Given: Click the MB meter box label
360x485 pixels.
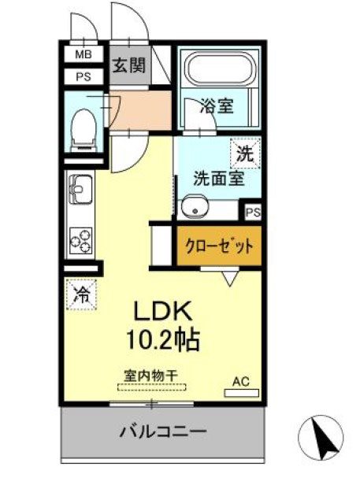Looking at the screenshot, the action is click(84, 55).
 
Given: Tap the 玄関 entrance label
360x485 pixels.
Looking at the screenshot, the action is click(128, 65).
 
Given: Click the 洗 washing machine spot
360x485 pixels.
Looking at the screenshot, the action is click(245, 154).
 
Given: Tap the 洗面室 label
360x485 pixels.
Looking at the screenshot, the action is click(219, 178).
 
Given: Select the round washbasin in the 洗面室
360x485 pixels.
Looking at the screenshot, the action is click(195, 207).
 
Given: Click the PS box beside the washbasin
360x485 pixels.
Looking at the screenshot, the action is click(253, 213).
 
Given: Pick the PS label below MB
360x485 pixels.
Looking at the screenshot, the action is click(84, 76).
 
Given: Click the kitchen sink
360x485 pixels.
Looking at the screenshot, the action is click(80, 189).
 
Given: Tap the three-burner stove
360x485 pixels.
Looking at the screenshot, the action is click(81, 241).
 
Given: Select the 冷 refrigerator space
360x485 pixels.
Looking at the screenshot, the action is click(82, 294).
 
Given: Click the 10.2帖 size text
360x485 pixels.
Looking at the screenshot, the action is click(162, 339).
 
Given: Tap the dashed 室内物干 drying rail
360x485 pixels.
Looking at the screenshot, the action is click(152, 387).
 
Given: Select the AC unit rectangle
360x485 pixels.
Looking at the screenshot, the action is click(241, 393).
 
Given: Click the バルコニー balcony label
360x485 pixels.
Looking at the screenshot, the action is click(163, 431).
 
